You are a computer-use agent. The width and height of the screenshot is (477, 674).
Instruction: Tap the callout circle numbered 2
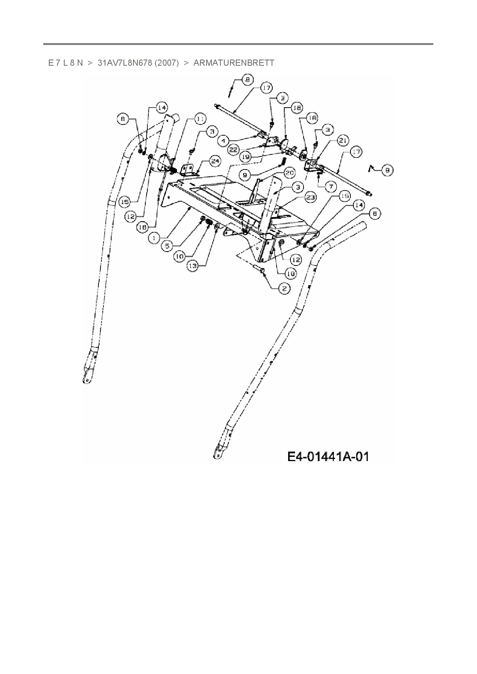coord(284,288)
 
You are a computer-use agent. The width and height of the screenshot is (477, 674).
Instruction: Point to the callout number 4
coord(223,141)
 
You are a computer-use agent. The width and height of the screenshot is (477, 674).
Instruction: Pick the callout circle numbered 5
coord(167,246)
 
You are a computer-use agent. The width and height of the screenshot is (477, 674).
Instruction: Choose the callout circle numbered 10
coord(179,256)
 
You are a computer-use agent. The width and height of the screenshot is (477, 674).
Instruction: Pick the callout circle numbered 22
coord(233,150)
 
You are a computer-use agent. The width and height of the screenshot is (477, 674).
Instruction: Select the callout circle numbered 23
coord(310,198)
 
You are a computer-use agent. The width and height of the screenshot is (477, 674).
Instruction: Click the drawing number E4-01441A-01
coord(328,457)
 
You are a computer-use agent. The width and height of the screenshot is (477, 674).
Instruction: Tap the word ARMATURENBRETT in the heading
coord(233,63)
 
